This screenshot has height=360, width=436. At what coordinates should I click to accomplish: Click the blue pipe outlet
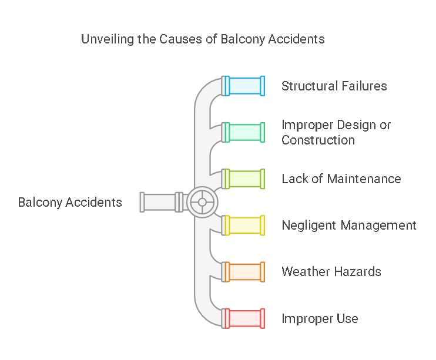click(244, 86)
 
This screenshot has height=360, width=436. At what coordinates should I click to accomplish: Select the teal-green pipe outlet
click(244, 132)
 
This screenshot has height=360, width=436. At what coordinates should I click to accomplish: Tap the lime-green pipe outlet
click(244, 179)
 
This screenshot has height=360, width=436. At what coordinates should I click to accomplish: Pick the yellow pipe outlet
click(244, 225)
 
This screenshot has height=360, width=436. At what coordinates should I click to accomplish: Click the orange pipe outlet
click(244, 271)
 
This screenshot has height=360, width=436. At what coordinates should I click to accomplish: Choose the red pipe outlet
click(244, 318)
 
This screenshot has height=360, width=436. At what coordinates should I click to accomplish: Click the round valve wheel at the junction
click(202, 202)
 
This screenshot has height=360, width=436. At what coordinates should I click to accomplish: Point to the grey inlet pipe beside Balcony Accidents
click(159, 202)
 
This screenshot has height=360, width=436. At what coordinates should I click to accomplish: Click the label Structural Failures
click(334, 86)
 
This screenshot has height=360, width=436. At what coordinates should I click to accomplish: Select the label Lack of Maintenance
click(341, 179)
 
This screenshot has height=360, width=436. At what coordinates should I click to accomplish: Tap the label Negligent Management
click(348, 225)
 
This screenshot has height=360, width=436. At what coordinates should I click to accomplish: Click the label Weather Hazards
click(331, 271)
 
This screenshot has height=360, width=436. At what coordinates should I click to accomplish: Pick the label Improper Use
click(320, 319)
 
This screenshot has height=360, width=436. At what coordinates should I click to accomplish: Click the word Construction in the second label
click(318, 140)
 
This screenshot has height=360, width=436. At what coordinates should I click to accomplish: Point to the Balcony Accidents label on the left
click(70, 203)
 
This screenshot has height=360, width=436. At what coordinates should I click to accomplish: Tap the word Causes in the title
click(180, 39)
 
